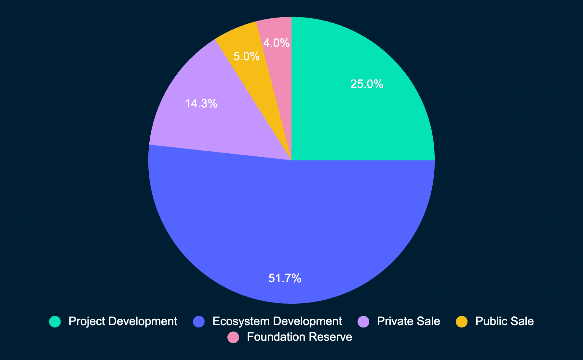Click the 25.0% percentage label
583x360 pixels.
[x=367, y=84]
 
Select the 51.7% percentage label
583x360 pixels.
[x=285, y=278]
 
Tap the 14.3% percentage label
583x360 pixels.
[x=201, y=104]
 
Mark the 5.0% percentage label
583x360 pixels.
[x=247, y=57]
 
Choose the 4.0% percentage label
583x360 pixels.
[x=277, y=43]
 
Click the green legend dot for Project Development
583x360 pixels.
[x=55, y=322]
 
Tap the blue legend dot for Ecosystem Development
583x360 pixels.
[x=199, y=322]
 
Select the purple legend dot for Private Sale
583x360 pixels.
[x=363, y=322]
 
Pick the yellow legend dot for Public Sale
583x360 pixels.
[x=462, y=322]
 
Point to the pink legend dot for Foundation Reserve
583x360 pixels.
[x=233, y=337]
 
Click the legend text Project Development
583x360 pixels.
[x=123, y=321]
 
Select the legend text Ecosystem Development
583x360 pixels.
[x=277, y=321]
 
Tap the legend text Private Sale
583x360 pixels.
[x=409, y=321]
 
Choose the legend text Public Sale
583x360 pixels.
[x=505, y=321]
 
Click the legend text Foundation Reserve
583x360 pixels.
[x=300, y=337]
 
